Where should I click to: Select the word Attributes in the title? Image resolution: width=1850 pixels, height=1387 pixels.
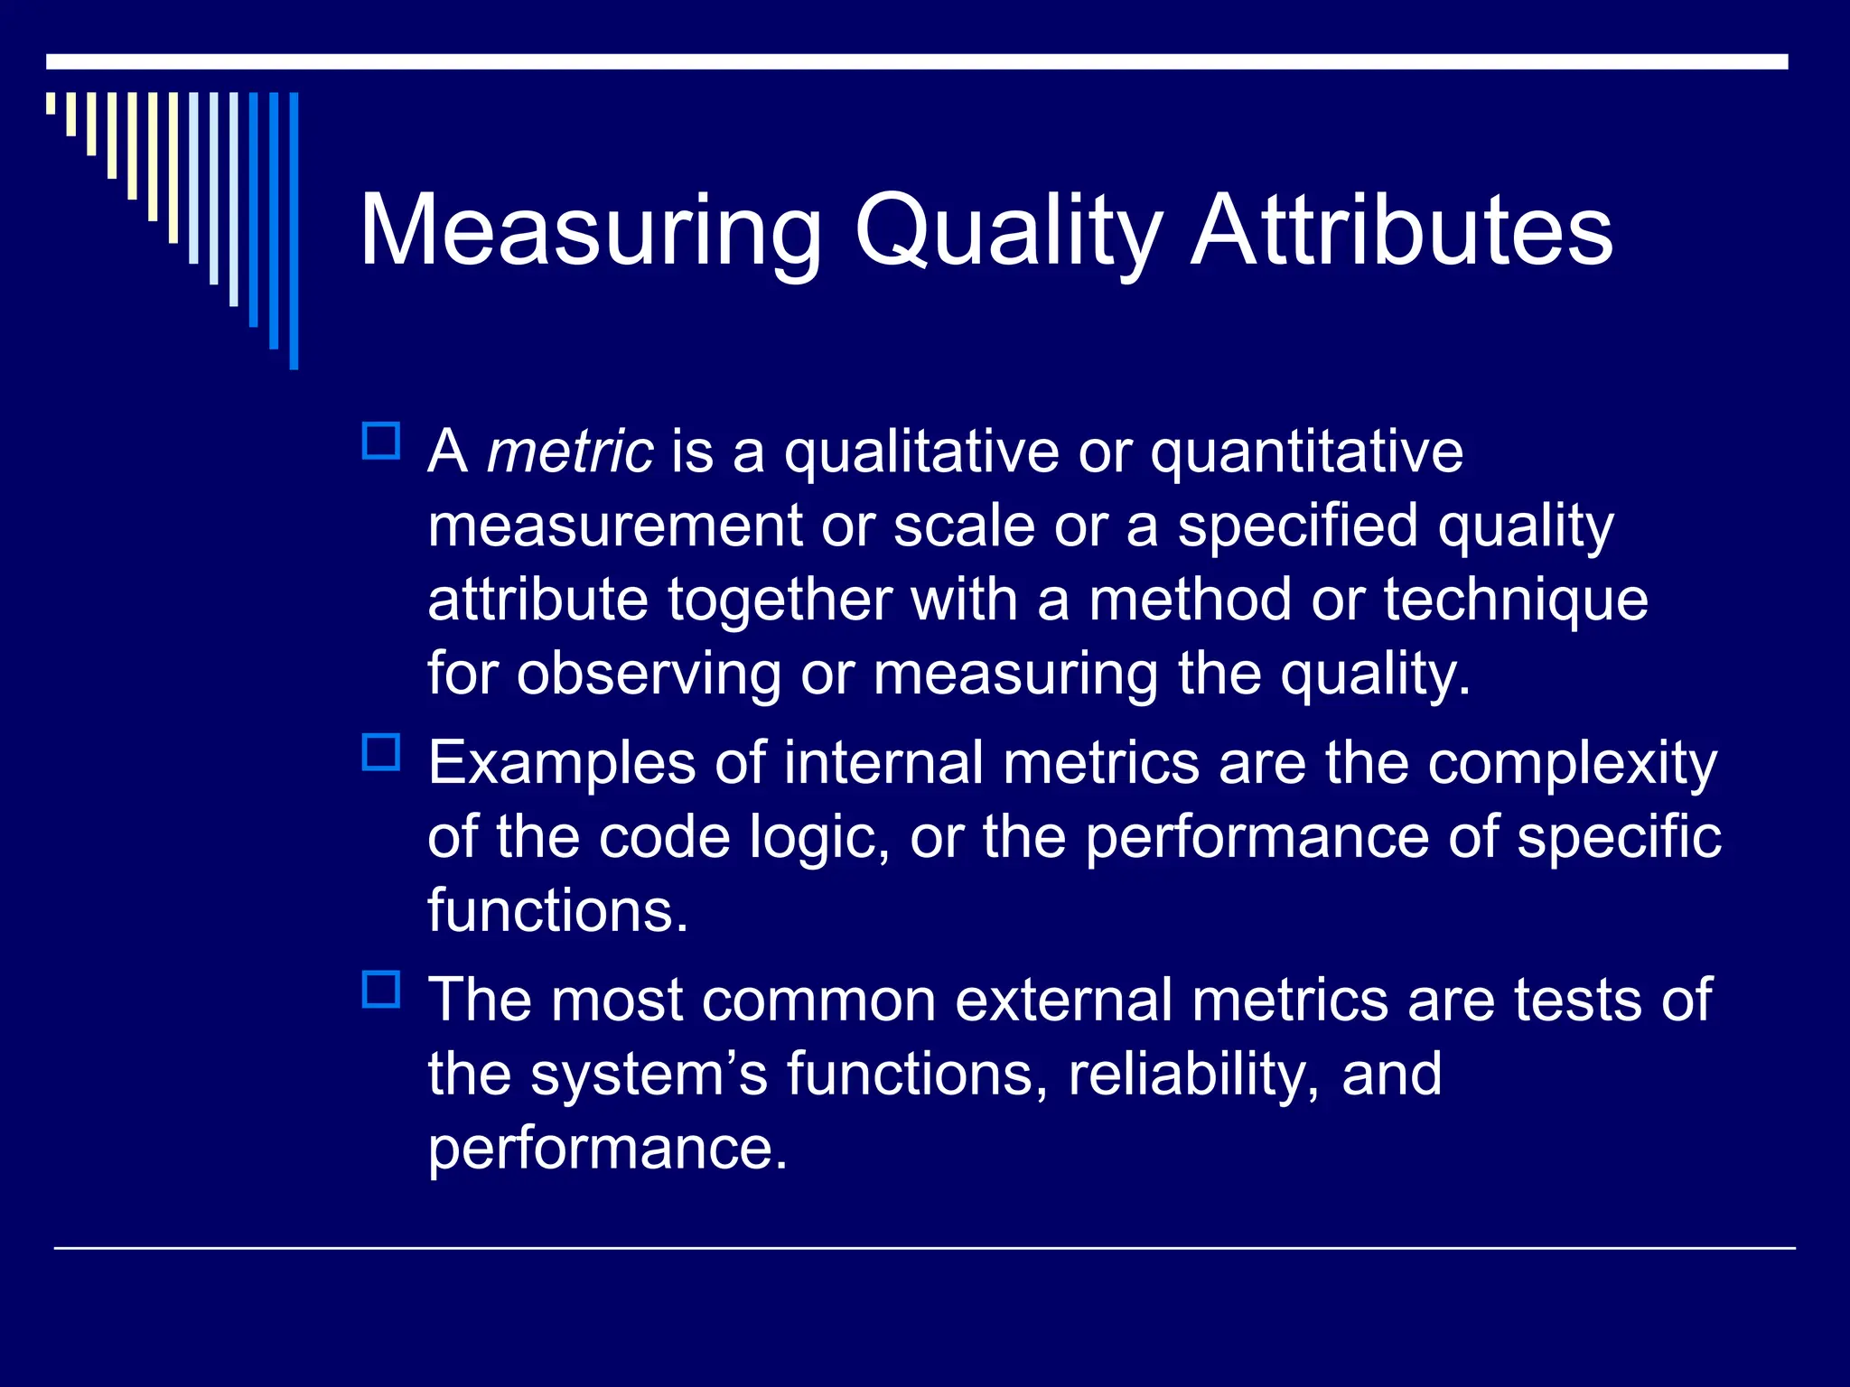click(x=1402, y=231)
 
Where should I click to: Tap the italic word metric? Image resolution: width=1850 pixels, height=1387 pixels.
click(x=569, y=451)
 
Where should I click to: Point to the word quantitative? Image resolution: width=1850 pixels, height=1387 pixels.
click(x=1306, y=451)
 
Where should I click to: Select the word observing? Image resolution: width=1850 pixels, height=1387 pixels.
click(x=649, y=674)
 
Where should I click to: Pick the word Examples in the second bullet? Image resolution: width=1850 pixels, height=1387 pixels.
click(x=562, y=764)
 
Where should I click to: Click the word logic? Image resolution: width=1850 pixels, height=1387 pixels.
click(x=813, y=838)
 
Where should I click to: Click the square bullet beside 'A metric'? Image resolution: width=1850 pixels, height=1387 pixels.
click(x=381, y=442)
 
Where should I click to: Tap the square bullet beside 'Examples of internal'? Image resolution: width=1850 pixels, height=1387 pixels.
click(x=381, y=752)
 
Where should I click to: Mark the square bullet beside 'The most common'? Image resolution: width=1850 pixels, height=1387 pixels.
click(x=381, y=990)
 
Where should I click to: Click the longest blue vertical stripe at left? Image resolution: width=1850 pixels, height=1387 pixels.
click(x=294, y=230)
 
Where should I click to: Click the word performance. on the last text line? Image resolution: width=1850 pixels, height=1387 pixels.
click(x=607, y=1149)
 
